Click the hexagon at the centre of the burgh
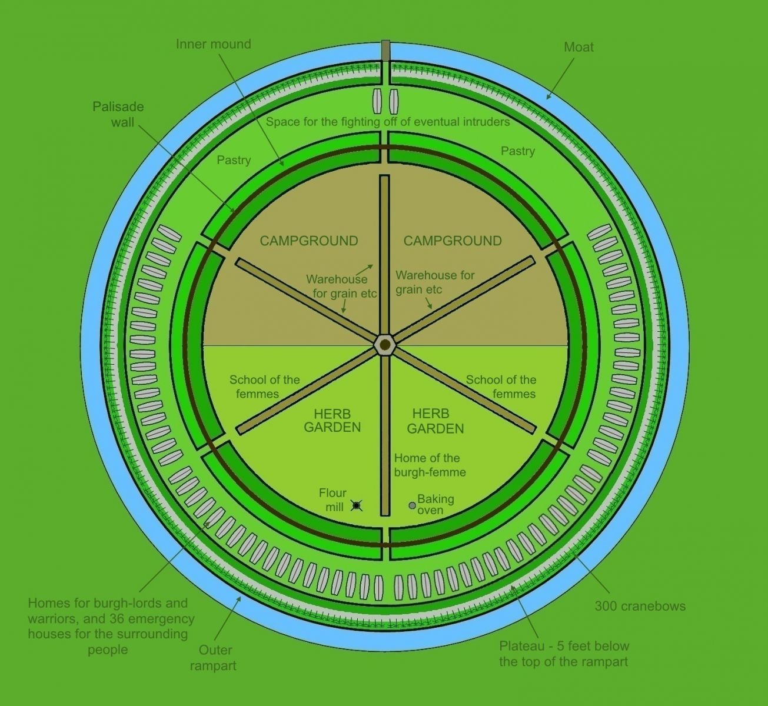coord(385,343)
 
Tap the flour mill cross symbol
coord(356,505)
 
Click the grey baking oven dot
coord(412,505)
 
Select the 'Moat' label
coord(579,47)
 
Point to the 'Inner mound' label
coord(213,44)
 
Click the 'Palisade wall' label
coord(118,114)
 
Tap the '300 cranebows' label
coord(640,606)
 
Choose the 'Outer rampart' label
coord(214,658)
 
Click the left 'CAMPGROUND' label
coord(309,241)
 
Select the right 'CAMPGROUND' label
coord(453,241)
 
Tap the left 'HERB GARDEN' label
coord(332,421)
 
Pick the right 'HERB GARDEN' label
coord(435,421)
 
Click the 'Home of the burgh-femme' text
coord(430,465)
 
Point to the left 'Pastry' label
coord(234,160)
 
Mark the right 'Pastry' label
coord(517,151)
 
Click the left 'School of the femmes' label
coord(264,387)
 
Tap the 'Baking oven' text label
coord(435,504)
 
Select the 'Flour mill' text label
coord(333,499)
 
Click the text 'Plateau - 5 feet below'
coord(564,646)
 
